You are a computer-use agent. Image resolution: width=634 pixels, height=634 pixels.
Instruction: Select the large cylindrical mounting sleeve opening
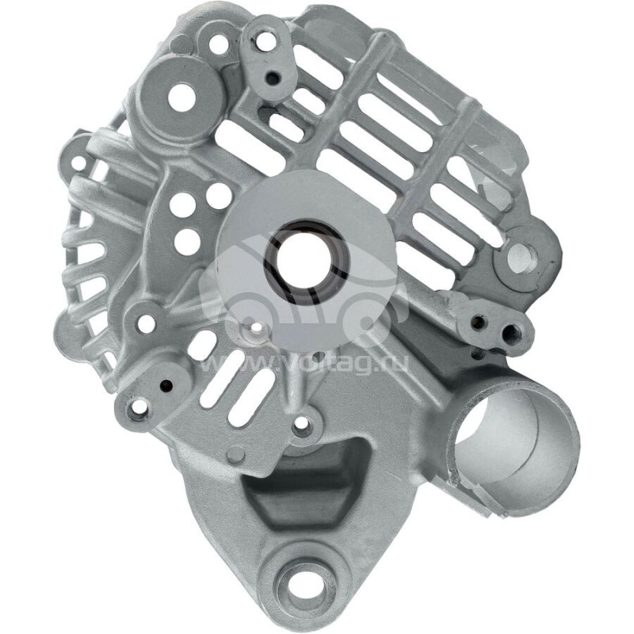coord(507,436)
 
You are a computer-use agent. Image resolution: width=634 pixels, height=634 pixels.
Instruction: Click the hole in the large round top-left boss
coord(181,97)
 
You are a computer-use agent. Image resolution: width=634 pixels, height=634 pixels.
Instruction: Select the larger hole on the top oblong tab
coord(266,41)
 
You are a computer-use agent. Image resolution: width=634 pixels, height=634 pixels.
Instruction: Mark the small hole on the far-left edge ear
coord(78,164)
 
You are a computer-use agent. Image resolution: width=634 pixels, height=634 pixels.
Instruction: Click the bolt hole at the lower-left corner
coord(139,409)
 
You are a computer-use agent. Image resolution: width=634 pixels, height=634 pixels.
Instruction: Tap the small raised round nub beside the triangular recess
coord(235,454)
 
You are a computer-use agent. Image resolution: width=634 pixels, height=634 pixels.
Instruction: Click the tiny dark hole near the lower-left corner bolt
coord(166,385)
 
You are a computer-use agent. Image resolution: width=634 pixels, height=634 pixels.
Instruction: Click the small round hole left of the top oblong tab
coord(217,44)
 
